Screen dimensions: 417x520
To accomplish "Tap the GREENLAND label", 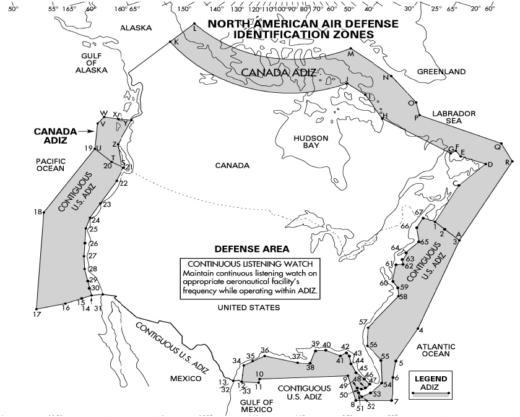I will point(441,72).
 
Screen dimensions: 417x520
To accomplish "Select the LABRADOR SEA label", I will point(454,119).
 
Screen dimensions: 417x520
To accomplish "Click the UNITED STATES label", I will point(253,307).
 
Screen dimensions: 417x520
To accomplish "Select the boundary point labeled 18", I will point(43,213).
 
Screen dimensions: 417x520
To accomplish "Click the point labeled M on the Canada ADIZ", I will point(350,48).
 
